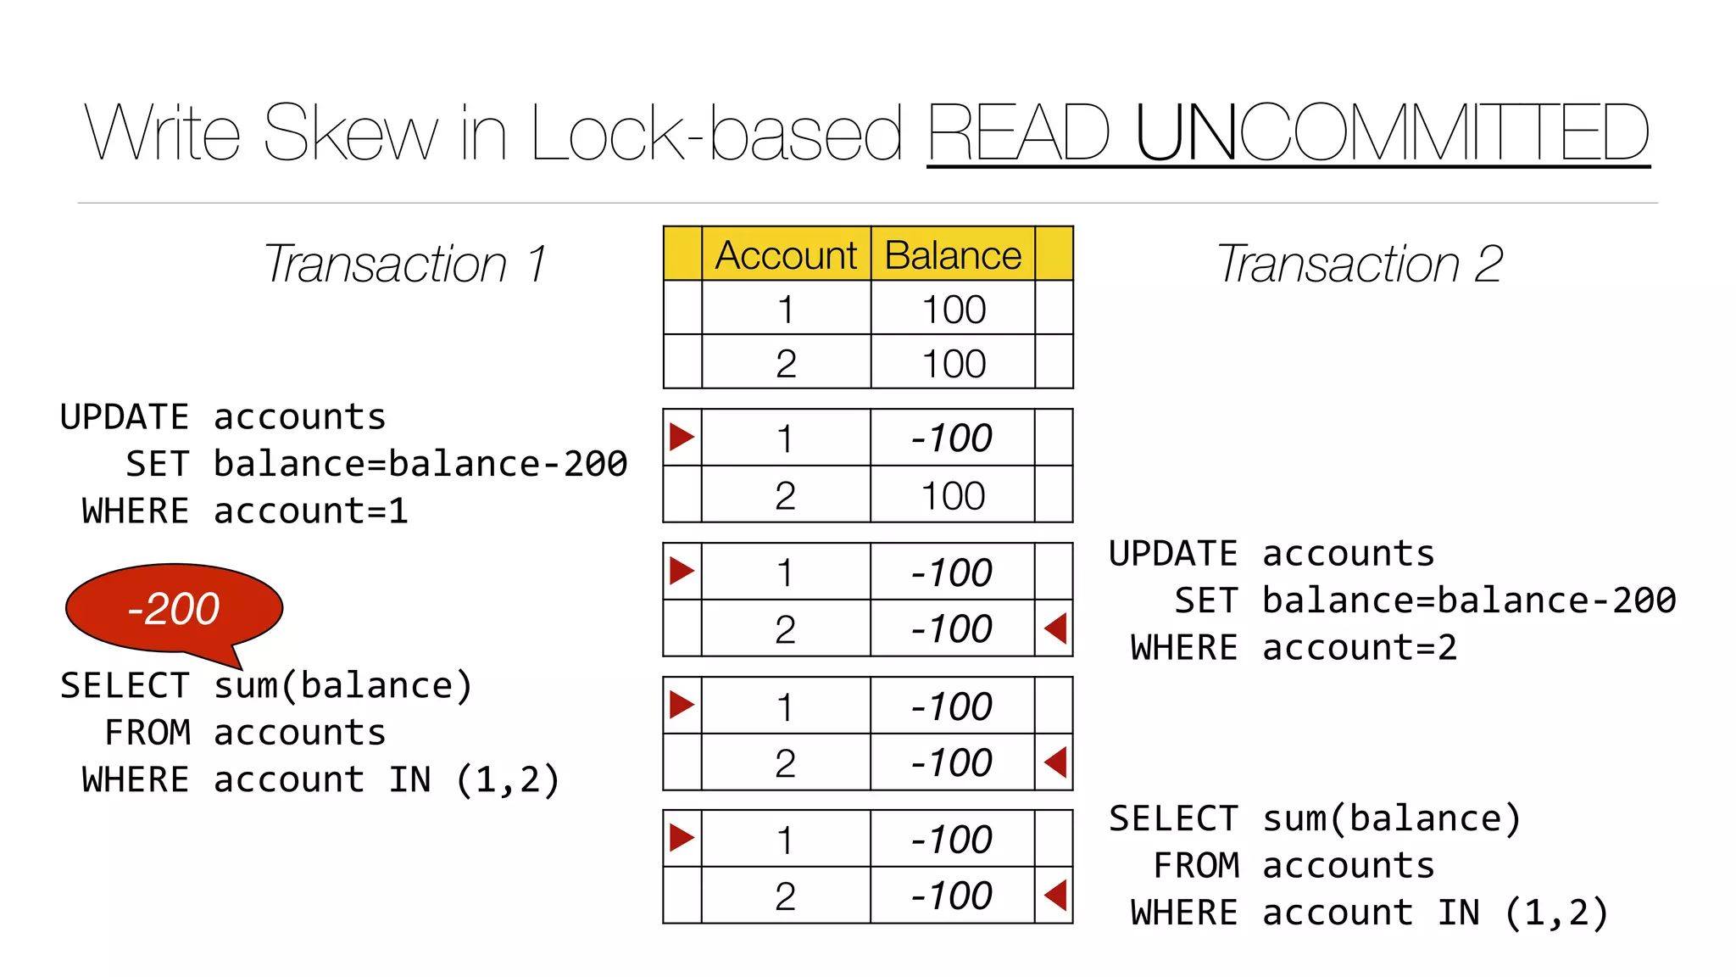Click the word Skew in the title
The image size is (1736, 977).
tap(351, 133)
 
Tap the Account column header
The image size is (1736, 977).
tap(786, 255)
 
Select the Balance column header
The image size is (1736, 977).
tap(953, 255)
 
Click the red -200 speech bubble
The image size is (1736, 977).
tap(174, 608)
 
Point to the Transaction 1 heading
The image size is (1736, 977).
tap(404, 264)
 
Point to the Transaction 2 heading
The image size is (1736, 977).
tap(1359, 264)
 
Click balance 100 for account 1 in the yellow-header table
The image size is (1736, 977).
tap(954, 310)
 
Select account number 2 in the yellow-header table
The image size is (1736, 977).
tap(786, 364)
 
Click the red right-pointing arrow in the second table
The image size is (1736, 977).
tap(682, 437)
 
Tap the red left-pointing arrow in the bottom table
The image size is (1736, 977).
tap(1055, 895)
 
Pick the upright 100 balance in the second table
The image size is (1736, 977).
tap(953, 495)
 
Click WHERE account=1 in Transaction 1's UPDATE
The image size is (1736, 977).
tap(245, 511)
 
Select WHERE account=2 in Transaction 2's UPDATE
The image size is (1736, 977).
tap(1294, 648)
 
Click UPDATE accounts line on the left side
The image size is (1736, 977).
tap(223, 417)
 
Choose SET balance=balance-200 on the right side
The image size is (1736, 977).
tap(1424, 600)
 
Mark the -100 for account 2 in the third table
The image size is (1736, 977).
tap(951, 629)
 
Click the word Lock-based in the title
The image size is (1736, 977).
tap(716, 133)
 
